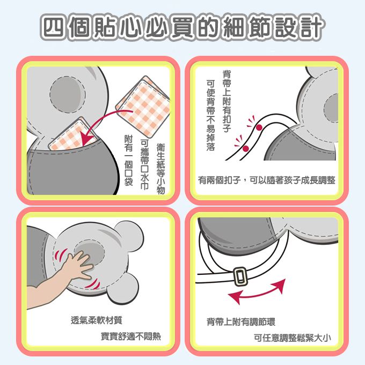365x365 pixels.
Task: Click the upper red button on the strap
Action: coord(259,128)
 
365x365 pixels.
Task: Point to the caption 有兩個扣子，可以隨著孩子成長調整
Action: coord(267,180)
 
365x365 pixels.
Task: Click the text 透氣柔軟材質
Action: coord(97,320)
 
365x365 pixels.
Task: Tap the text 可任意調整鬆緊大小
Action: coord(292,338)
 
